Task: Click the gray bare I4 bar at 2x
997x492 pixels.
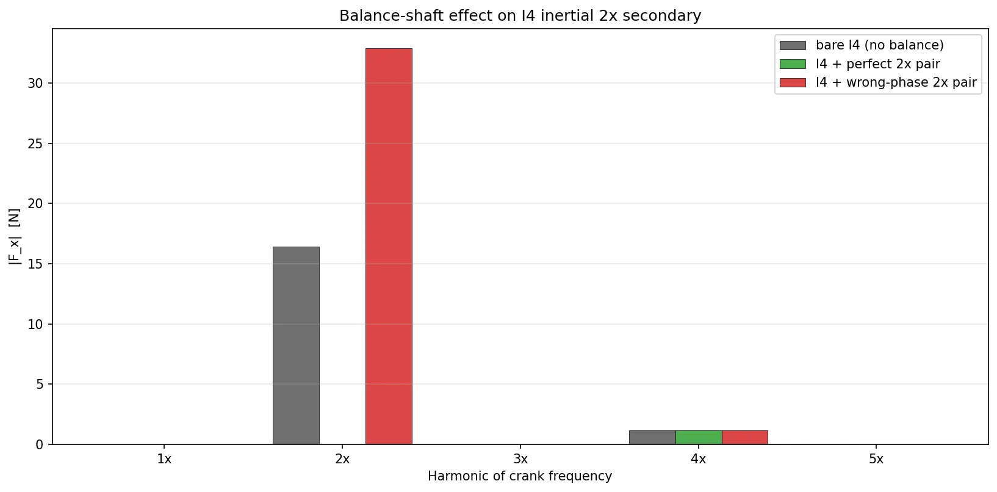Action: [x=296, y=345]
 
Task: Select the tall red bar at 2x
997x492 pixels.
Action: [x=389, y=246]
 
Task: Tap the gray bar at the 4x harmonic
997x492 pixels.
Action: [x=652, y=437]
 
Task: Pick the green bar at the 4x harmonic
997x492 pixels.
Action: [x=699, y=437]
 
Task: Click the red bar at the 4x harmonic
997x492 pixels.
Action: [x=744, y=437]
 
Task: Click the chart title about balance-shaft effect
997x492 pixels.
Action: [x=520, y=16]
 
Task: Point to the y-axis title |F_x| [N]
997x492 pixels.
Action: [x=15, y=237]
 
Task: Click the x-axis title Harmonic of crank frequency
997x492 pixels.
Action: [x=520, y=476]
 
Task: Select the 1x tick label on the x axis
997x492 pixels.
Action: [x=165, y=459]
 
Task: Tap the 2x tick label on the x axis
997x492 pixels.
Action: [x=342, y=459]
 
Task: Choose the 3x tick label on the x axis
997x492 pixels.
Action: [x=520, y=459]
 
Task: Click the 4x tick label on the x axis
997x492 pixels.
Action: [x=699, y=459]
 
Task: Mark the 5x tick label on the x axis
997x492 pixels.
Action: [x=876, y=459]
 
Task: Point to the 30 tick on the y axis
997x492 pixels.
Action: [x=35, y=83]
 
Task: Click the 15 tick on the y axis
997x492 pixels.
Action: [x=35, y=264]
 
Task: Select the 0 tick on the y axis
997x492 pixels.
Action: [x=40, y=444]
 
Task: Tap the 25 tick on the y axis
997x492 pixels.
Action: [x=35, y=143]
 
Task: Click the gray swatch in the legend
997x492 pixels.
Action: [x=793, y=45]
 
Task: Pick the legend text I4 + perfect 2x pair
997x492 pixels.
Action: [x=877, y=64]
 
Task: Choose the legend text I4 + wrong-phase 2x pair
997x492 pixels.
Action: [x=896, y=82]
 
